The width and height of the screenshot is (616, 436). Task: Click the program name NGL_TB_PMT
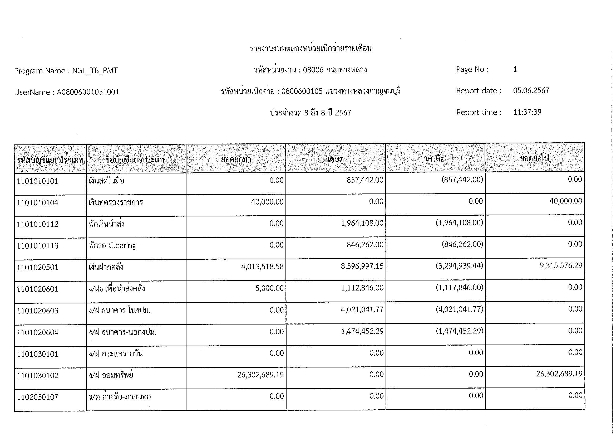click(95, 71)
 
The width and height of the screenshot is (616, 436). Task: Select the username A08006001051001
click(88, 92)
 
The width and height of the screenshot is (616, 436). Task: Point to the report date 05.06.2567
click(531, 90)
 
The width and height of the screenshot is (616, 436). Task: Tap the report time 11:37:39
click(527, 112)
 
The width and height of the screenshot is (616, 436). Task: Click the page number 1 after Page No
click(515, 69)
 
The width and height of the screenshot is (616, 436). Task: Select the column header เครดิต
click(435, 159)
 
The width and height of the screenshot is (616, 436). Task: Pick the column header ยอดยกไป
click(534, 158)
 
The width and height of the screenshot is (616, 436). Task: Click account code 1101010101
click(37, 181)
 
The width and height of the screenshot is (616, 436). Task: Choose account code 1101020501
click(37, 267)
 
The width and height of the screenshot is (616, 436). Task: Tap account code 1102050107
click(37, 397)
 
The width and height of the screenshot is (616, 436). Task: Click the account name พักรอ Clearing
click(112, 245)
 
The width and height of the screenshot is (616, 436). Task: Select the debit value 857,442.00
click(365, 180)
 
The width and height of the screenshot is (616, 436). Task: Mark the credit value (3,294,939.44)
click(459, 266)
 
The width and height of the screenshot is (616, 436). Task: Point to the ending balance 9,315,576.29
click(561, 265)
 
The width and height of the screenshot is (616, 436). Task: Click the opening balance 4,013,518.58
click(262, 266)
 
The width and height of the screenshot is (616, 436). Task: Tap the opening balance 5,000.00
click(269, 288)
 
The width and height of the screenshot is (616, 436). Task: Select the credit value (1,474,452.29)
click(459, 331)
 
